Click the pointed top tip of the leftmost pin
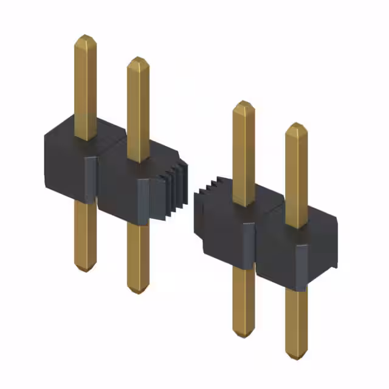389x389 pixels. (x=86, y=37)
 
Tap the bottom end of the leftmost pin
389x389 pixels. (x=85, y=268)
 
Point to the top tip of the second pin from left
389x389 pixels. (x=138, y=60)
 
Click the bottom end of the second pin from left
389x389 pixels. (x=138, y=291)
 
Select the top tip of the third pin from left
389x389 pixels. (x=244, y=103)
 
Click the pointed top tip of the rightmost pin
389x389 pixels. (x=296, y=126)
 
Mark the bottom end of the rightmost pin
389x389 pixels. (x=296, y=356)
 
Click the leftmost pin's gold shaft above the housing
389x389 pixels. (x=86, y=85)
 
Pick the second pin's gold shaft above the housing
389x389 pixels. (x=138, y=109)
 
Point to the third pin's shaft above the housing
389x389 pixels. (x=244, y=152)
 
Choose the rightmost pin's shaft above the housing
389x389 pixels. (x=296, y=176)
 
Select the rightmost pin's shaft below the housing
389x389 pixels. (x=296, y=322)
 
